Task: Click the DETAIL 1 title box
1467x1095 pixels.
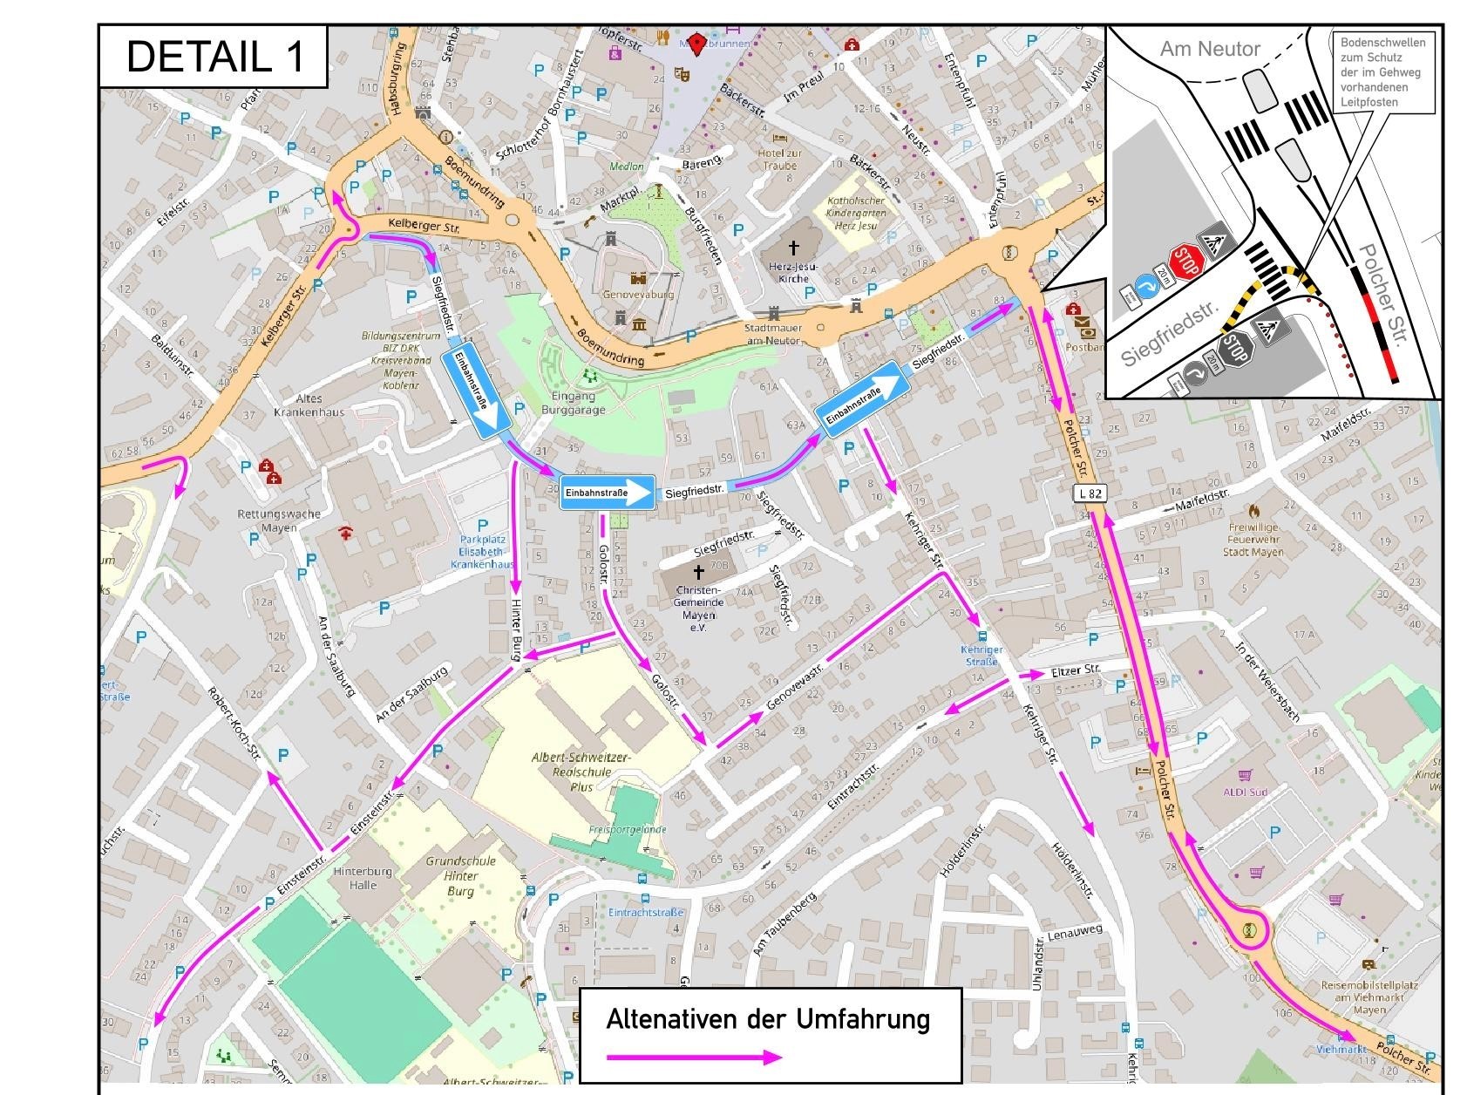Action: tap(214, 57)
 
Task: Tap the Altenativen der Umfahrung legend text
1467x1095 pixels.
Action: tap(768, 1019)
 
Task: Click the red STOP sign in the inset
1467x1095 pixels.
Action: tap(1186, 261)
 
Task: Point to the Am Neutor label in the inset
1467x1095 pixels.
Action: tap(1209, 50)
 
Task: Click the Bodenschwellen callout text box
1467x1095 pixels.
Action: tap(1382, 72)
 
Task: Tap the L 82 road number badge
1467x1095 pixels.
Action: tap(1090, 493)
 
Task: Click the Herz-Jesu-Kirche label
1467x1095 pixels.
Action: tap(793, 272)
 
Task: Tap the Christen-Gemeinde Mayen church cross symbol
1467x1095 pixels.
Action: tap(697, 572)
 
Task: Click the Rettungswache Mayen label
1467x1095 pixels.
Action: tap(278, 520)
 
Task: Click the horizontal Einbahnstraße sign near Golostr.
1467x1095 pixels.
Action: tap(607, 493)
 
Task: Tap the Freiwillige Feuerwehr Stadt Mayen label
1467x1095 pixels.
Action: tap(1253, 539)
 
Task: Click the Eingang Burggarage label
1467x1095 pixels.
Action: tap(573, 403)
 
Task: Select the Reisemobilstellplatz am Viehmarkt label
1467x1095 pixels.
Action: tap(1369, 997)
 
